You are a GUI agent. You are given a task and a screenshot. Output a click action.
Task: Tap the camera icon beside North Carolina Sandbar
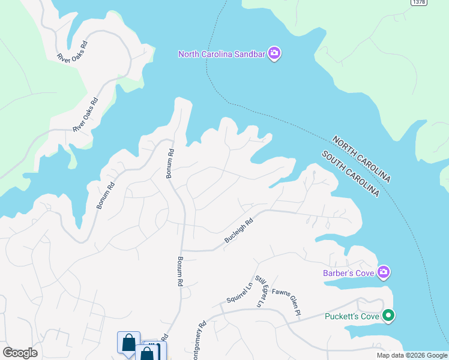pos(274,54)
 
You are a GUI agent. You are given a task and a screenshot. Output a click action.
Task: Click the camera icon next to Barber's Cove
pos(384,273)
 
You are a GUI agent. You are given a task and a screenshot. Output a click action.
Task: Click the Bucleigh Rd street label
pos(240,230)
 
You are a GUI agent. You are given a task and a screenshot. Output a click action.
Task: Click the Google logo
pos(20,353)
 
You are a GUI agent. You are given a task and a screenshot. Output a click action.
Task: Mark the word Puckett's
pos(340,316)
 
